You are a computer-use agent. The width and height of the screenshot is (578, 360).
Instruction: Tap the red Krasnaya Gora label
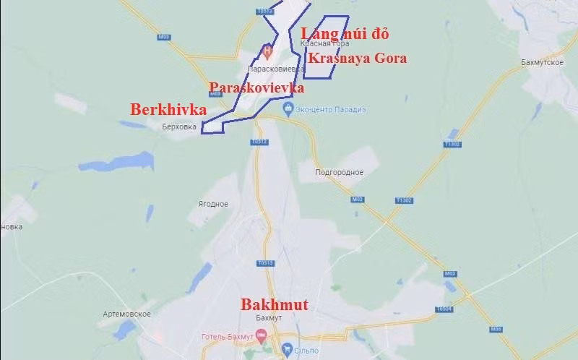[356, 59]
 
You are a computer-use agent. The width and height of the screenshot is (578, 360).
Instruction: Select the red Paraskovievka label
[256, 87]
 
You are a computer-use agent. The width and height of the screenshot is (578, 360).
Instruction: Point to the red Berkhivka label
[168, 110]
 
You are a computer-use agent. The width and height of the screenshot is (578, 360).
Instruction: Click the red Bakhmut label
[274, 305]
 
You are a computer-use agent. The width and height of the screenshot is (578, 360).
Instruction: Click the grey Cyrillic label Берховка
[180, 125]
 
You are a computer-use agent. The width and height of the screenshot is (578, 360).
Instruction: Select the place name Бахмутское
[521, 64]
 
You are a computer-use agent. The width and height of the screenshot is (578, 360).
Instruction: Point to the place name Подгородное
[340, 172]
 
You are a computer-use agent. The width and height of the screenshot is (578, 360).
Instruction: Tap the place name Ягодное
[213, 204]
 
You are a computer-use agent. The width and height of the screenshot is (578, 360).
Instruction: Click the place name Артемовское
[126, 314]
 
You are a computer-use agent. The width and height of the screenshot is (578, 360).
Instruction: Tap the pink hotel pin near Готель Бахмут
[260, 335]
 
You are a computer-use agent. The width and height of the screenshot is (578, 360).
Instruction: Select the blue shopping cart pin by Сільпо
[288, 350]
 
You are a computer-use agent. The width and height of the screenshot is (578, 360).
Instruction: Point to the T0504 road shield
[444, 309]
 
